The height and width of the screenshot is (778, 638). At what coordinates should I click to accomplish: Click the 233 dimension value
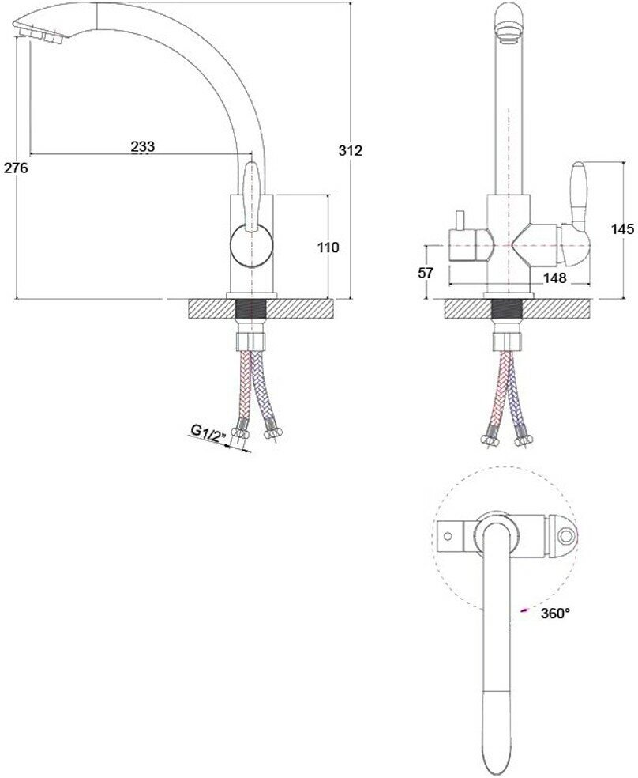pyautogui.click(x=143, y=146)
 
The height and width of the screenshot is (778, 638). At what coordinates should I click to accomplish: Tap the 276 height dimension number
pyautogui.click(x=17, y=168)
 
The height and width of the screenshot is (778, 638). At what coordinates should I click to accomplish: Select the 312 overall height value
pyautogui.click(x=351, y=150)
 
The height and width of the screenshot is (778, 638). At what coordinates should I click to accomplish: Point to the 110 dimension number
pyautogui.click(x=328, y=247)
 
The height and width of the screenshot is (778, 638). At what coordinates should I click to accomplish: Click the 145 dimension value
pyautogui.click(x=622, y=228)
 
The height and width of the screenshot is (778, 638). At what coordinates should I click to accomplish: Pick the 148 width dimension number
pyautogui.click(x=555, y=278)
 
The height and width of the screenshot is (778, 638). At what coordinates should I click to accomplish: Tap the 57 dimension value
pyautogui.click(x=426, y=273)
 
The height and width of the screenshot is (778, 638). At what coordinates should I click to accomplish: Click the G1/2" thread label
pyautogui.click(x=208, y=432)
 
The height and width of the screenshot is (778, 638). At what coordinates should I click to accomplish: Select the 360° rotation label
pyautogui.click(x=555, y=614)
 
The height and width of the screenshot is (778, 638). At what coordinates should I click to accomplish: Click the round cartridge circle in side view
pyautogui.click(x=251, y=246)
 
